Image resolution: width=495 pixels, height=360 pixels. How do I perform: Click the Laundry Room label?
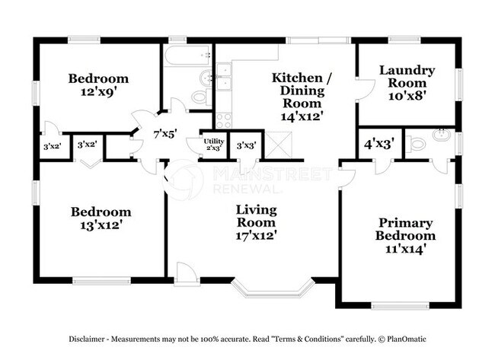(x=407, y=77)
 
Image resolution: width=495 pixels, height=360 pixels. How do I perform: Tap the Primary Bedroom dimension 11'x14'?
(x=406, y=247)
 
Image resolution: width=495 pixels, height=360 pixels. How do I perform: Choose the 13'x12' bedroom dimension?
(x=101, y=225)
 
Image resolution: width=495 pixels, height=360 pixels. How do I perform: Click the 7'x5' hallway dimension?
(x=165, y=133)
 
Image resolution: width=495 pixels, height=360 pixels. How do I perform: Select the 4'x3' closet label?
(x=378, y=142)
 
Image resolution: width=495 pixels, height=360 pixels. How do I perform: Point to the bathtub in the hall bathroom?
(x=187, y=56)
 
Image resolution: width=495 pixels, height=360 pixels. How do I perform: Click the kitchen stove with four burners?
(x=224, y=119)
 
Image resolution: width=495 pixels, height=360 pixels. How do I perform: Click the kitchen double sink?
(x=224, y=74)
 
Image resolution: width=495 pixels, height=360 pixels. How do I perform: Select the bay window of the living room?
(x=273, y=288)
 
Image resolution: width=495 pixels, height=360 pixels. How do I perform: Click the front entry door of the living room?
(x=186, y=273)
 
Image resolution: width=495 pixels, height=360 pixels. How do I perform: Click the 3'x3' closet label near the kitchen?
(x=245, y=145)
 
